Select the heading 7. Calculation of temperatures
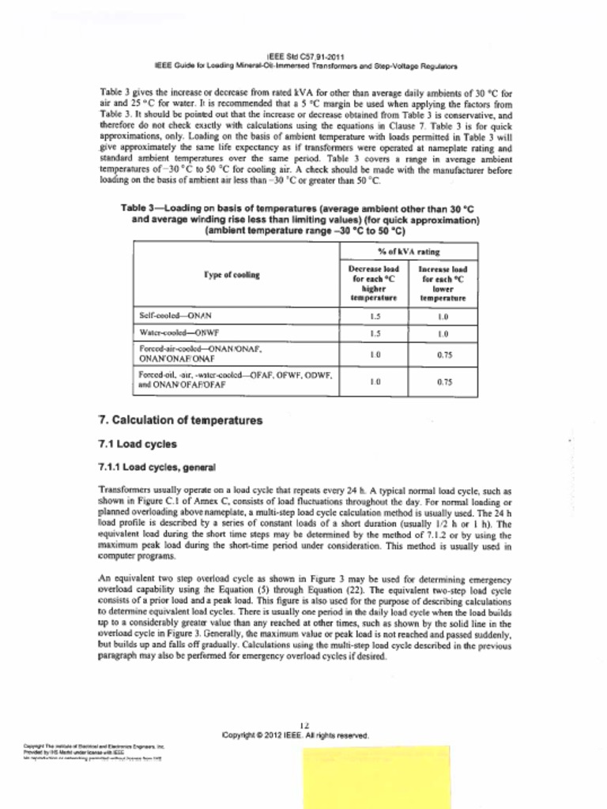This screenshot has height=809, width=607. tap(179, 420)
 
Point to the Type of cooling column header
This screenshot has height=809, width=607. tap(232, 275)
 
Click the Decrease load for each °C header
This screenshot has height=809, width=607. tap(375, 284)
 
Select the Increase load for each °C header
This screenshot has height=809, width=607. tap(443, 284)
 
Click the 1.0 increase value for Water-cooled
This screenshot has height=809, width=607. tap(443, 333)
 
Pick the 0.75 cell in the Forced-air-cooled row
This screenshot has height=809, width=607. tap(443, 355)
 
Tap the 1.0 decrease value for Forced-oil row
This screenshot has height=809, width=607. tap(375, 382)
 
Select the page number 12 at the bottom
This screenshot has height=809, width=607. tap(304, 725)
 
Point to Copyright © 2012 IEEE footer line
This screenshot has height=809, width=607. tap(296, 735)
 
